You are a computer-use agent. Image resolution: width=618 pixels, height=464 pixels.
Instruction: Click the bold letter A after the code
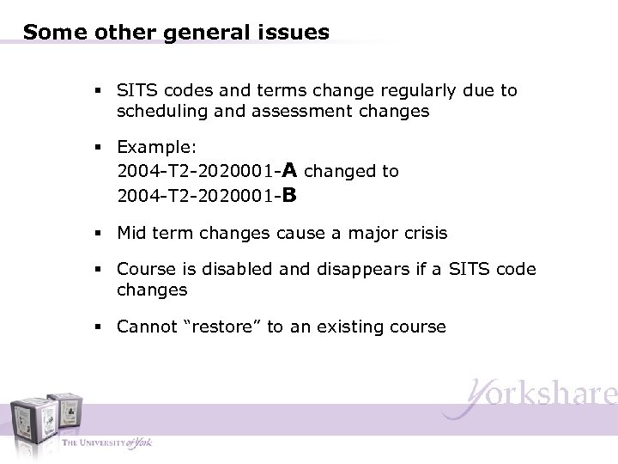[289, 170]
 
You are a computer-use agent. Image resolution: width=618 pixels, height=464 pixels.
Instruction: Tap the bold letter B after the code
[289, 195]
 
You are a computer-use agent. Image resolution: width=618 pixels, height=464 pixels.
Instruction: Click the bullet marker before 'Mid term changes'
[100, 233]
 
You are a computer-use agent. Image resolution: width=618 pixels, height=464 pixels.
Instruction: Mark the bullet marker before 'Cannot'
[100, 327]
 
